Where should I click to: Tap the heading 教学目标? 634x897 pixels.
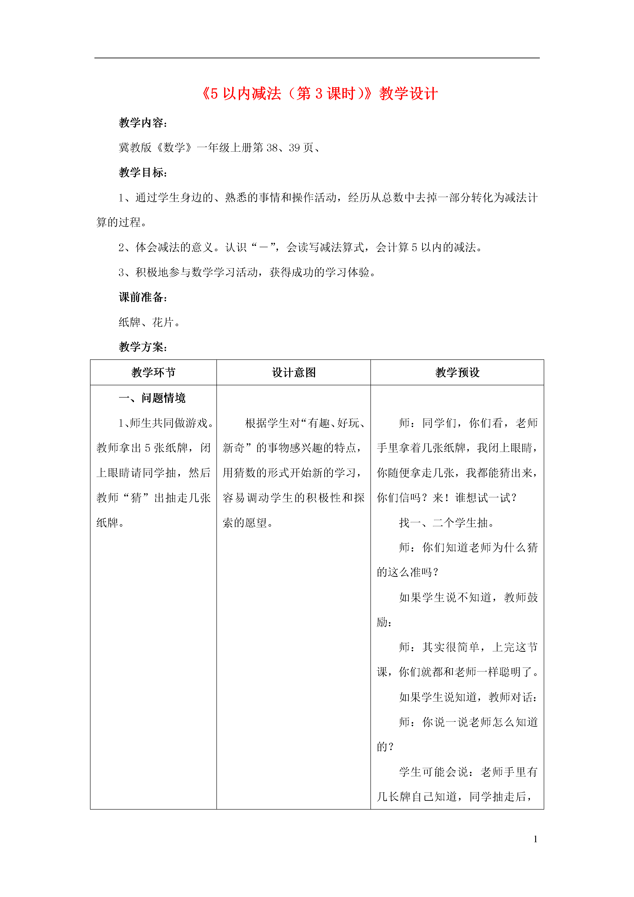coord(143,172)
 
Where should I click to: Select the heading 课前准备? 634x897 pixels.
coord(143,297)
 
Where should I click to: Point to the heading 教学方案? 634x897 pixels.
coord(143,347)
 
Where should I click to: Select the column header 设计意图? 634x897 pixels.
coord(293,372)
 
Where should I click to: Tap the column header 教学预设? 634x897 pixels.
coord(457,372)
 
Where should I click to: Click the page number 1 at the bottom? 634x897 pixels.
coord(535,839)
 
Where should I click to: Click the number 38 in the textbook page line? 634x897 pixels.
coord(272,148)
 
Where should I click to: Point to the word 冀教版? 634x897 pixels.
coord(135,148)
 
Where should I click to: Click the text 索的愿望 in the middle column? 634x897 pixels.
coord(245,523)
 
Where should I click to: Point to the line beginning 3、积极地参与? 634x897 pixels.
coord(247,272)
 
